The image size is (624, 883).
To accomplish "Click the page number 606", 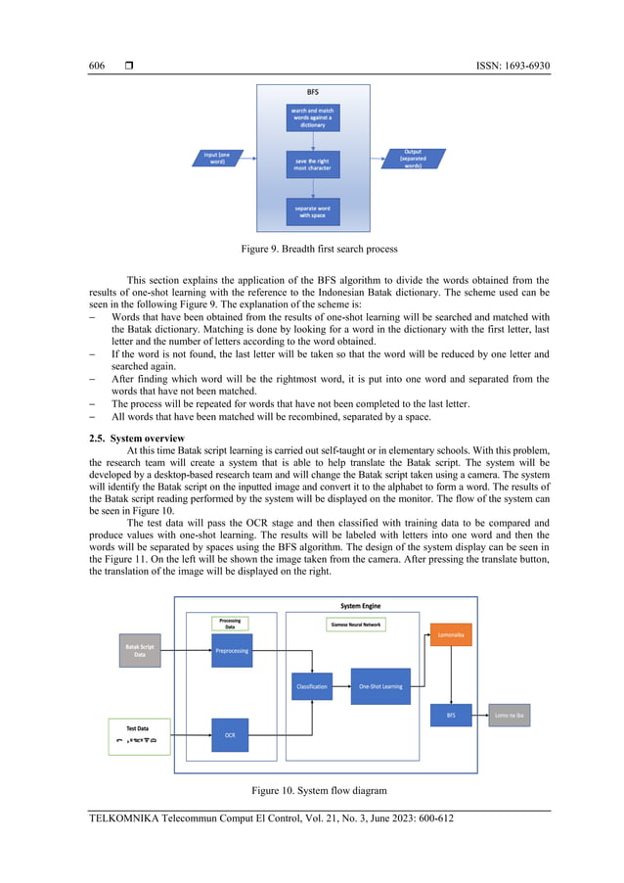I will [x=96, y=66].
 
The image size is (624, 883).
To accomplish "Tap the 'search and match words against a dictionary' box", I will [x=312, y=117].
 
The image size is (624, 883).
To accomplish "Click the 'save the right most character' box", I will [x=312, y=163].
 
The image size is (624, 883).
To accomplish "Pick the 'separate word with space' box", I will [x=312, y=210].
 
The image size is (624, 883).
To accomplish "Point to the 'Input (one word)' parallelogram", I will [x=217, y=158].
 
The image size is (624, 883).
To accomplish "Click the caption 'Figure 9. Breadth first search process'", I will [x=312, y=250].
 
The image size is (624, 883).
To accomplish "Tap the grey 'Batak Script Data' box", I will [x=140, y=650].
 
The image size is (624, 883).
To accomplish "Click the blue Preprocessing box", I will [x=232, y=650].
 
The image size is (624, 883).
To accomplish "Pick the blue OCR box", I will [x=230, y=734].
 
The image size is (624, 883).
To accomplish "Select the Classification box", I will [x=311, y=686].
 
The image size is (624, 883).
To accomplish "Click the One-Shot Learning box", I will [x=380, y=686].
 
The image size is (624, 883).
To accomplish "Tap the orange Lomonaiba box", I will [x=451, y=634].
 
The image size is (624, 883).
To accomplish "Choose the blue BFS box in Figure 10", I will [x=451, y=715].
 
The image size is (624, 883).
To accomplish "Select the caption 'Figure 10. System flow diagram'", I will [x=312, y=788].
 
